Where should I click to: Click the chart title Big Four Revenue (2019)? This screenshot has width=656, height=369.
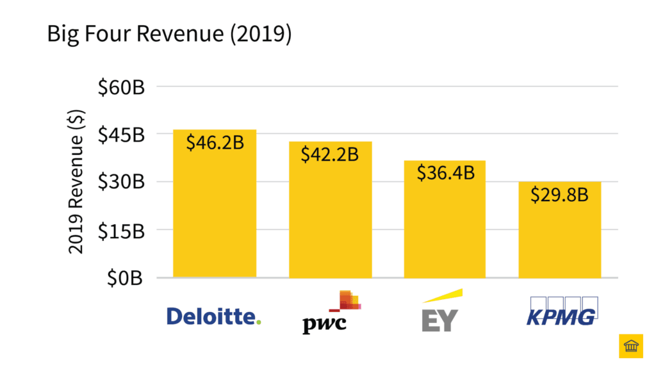pyautogui.click(x=169, y=35)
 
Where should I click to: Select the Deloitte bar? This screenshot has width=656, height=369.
pyautogui.click(x=215, y=211)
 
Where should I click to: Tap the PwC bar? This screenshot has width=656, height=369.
pyautogui.click(x=330, y=218)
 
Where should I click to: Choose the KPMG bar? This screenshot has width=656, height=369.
pyautogui.click(x=559, y=237)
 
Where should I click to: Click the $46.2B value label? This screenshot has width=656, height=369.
pyautogui.click(x=215, y=142)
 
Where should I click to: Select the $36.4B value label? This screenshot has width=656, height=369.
pyautogui.click(x=445, y=173)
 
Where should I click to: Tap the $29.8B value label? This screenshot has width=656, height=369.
pyautogui.click(x=559, y=194)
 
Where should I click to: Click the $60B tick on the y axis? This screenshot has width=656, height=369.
pyautogui.click(x=121, y=86)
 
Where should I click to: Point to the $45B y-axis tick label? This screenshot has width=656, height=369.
pyautogui.click(x=121, y=135)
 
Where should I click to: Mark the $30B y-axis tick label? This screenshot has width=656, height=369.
pyautogui.click(x=121, y=183)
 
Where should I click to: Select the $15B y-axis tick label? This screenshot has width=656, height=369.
pyautogui.click(x=121, y=231)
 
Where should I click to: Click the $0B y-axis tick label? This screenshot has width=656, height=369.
pyautogui.click(x=126, y=278)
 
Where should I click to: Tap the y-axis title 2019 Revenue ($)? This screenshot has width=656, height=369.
pyautogui.click(x=76, y=181)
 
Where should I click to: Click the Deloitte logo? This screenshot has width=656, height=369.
pyautogui.click(x=214, y=316)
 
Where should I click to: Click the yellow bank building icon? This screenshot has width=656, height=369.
pyautogui.click(x=630, y=346)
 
